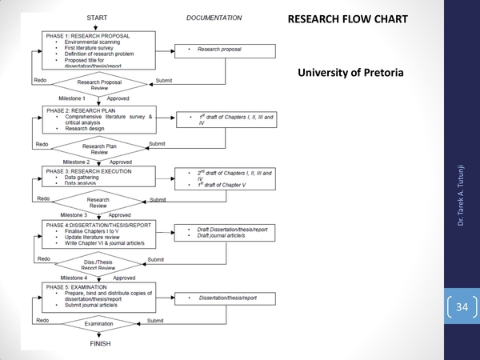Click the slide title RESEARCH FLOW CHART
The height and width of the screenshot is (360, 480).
346,18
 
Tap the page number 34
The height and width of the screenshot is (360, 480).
461,307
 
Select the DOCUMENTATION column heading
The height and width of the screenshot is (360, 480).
214,17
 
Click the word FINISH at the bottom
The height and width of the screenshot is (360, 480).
100,344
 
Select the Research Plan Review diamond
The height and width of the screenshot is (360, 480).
100,148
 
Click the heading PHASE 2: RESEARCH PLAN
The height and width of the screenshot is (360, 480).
84,110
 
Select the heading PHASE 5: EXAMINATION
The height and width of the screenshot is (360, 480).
82,286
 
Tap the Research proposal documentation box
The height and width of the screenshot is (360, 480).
221,50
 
